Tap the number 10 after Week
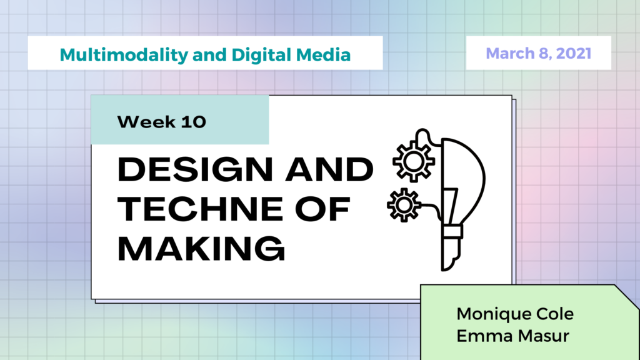[194, 122]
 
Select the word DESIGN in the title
[195, 169]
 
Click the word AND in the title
[329, 169]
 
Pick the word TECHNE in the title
[200, 209]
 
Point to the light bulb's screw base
[451, 247]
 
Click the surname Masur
[543, 336]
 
